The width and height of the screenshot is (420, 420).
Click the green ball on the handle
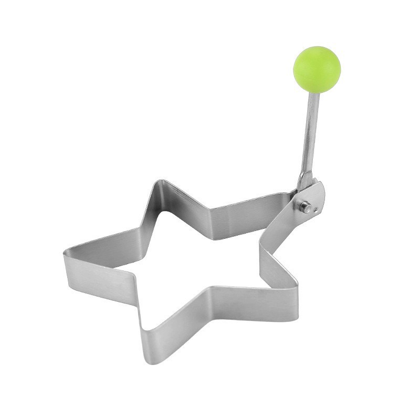tap(317, 69)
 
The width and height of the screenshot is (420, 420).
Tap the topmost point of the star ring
tap(159, 184)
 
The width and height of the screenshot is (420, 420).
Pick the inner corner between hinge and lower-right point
tap(262, 247)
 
